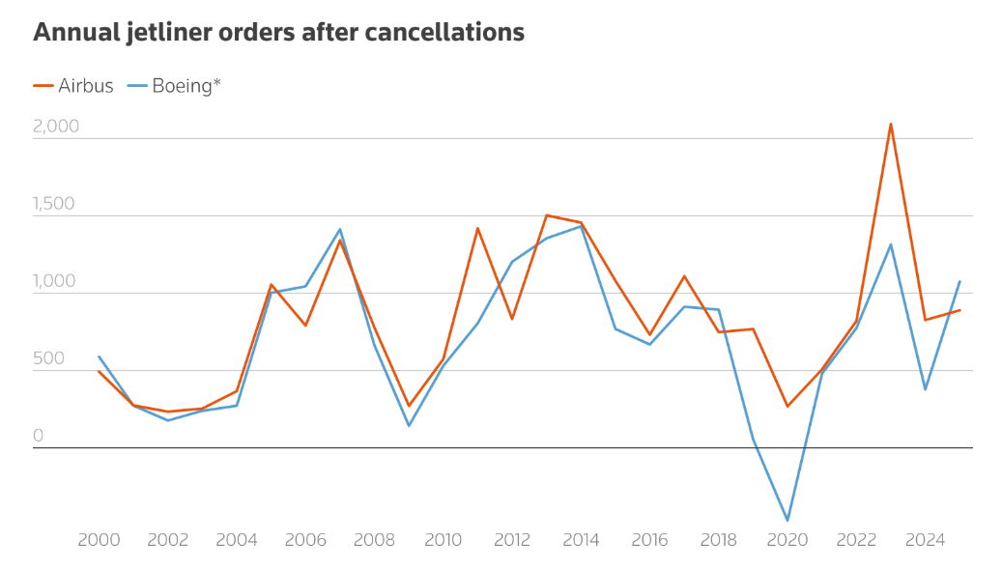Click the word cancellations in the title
(445, 32)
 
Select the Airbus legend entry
(73, 86)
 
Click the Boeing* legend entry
(175, 86)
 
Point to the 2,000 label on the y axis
(56, 127)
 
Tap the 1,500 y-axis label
(56, 204)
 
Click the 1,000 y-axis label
(56, 281)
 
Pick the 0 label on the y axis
(39, 436)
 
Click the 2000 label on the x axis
(99, 540)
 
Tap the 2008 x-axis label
(374, 540)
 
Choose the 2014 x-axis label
(581, 540)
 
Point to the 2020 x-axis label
(787, 540)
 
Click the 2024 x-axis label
(925, 540)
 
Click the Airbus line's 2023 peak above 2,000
(891, 124)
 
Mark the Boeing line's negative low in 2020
(787, 521)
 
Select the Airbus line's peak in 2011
(477, 228)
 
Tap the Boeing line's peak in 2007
(340, 229)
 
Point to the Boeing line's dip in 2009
(409, 426)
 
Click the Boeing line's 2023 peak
(891, 244)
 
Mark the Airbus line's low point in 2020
(787, 406)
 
